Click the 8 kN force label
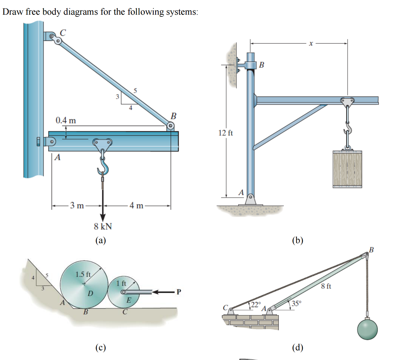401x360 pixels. click(x=103, y=226)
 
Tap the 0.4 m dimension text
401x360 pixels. click(x=66, y=120)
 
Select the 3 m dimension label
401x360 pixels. click(x=77, y=206)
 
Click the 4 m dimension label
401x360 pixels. click(x=136, y=206)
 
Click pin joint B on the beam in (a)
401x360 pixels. click(x=170, y=127)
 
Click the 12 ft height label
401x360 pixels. click(x=225, y=133)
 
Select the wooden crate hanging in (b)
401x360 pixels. click(x=347, y=169)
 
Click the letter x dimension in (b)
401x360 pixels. click(x=311, y=43)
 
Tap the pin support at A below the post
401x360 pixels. click(x=250, y=199)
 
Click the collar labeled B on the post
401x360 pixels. click(x=250, y=65)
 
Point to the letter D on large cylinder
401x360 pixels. click(x=90, y=293)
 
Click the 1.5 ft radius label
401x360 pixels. click(x=83, y=275)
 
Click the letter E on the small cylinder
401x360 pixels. click(x=128, y=300)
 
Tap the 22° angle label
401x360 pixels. click(x=256, y=305)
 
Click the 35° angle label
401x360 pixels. click(x=296, y=303)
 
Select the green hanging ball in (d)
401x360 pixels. click(x=367, y=329)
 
